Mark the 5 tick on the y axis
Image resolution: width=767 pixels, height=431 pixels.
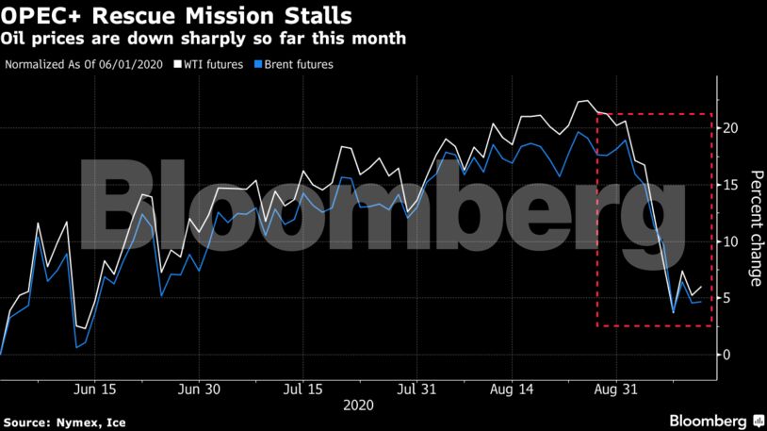click(727, 298)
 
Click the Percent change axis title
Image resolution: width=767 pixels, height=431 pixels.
click(755, 227)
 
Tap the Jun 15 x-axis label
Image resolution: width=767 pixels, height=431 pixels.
click(94, 389)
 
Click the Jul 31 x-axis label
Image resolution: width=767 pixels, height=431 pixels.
click(416, 389)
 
